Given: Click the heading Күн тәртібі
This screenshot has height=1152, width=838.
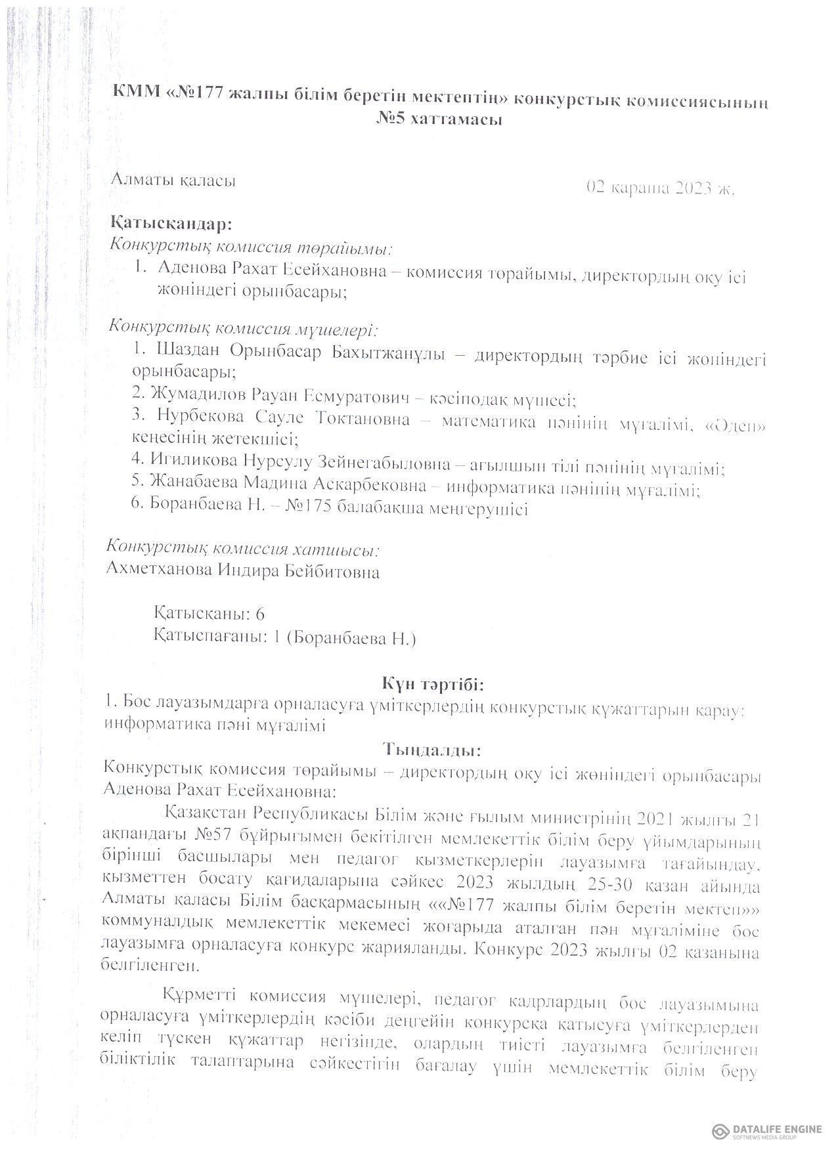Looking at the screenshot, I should (433, 685).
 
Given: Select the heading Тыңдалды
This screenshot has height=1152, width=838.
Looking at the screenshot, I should (433, 748).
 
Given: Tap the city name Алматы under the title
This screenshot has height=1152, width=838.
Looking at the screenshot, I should (143, 180).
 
